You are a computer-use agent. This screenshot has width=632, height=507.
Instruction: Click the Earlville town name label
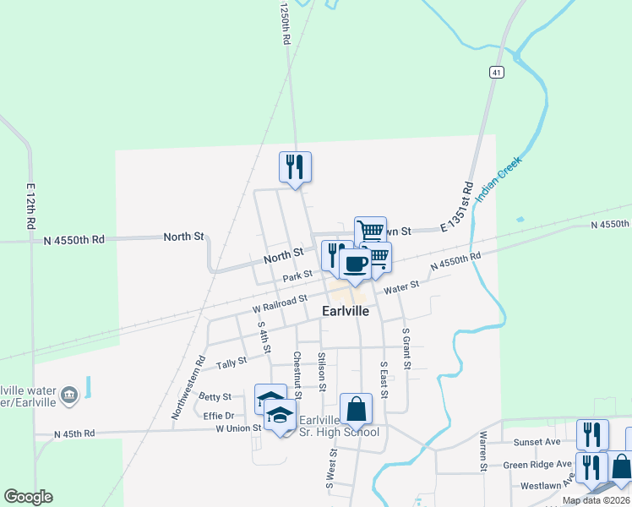click(x=345, y=311)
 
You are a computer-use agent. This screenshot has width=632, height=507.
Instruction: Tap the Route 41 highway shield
click(x=496, y=74)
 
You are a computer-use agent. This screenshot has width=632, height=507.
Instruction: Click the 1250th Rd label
click(x=286, y=24)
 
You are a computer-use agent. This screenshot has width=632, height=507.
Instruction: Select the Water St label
click(x=402, y=287)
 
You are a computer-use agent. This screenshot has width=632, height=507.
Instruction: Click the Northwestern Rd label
click(x=188, y=386)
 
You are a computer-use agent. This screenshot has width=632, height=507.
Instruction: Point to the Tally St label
click(x=230, y=363)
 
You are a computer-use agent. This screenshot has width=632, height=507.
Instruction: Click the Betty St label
click(x=215, y=395)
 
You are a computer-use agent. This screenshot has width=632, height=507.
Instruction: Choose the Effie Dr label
click(x=218, y=415)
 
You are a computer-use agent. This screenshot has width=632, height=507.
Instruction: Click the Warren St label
click(x=483, y=451)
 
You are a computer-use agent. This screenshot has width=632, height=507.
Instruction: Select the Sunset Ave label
click(x=537, y=441)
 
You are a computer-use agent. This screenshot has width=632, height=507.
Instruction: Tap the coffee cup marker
click(x=356, y=264)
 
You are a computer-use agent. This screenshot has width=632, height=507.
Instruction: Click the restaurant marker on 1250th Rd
click(x=296, y=166)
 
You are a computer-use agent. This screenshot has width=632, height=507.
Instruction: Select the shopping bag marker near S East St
click(x=357, y=408)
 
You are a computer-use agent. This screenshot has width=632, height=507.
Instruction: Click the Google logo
click(x=28, y=497)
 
